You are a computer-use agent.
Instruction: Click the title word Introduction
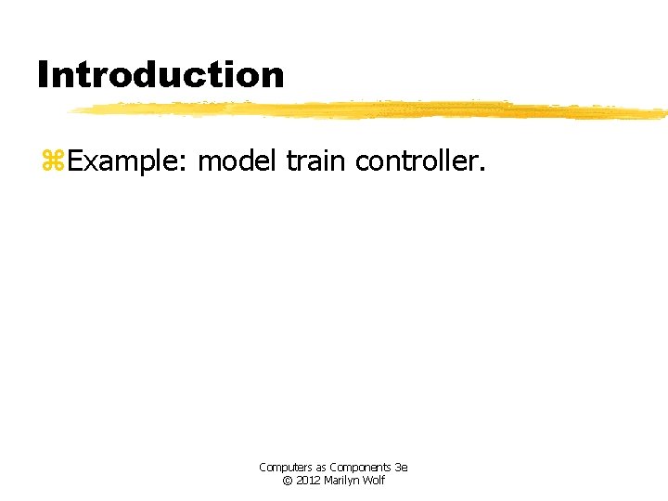(x=161, y=74)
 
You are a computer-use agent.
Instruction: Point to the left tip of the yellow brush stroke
(x=71, y=110)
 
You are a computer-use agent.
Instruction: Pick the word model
(x=238, y=161)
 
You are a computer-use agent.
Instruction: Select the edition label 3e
(x=401, y=468)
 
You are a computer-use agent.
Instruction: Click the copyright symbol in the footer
(x=287, y=481)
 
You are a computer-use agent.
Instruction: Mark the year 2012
(x=308, y=481)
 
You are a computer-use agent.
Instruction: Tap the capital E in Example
(x=73, y=161)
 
